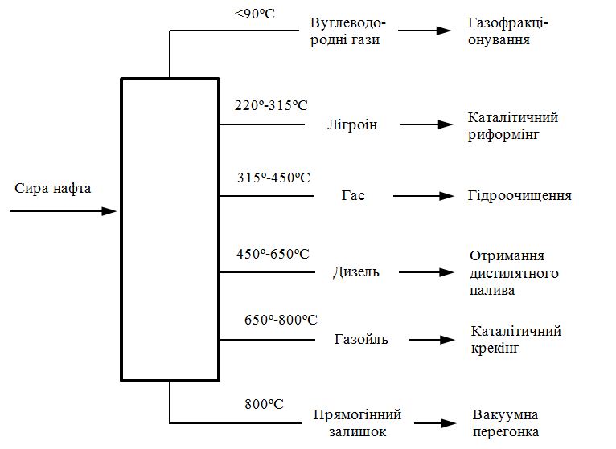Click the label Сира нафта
coord(53,189)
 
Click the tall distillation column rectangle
coord(170,229)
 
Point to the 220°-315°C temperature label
coord(272,106)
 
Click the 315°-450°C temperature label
coord(273,178)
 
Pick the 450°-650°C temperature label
coord(273,254)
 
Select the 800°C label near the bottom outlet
coord(264,403)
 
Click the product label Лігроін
coord(352,125)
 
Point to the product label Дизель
coord(355,272)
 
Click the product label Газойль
coord(361,339)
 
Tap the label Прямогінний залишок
coord(358,422)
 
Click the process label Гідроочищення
coord(519,196)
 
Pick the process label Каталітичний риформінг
coord(513,126)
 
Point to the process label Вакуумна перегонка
coord(506,422)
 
